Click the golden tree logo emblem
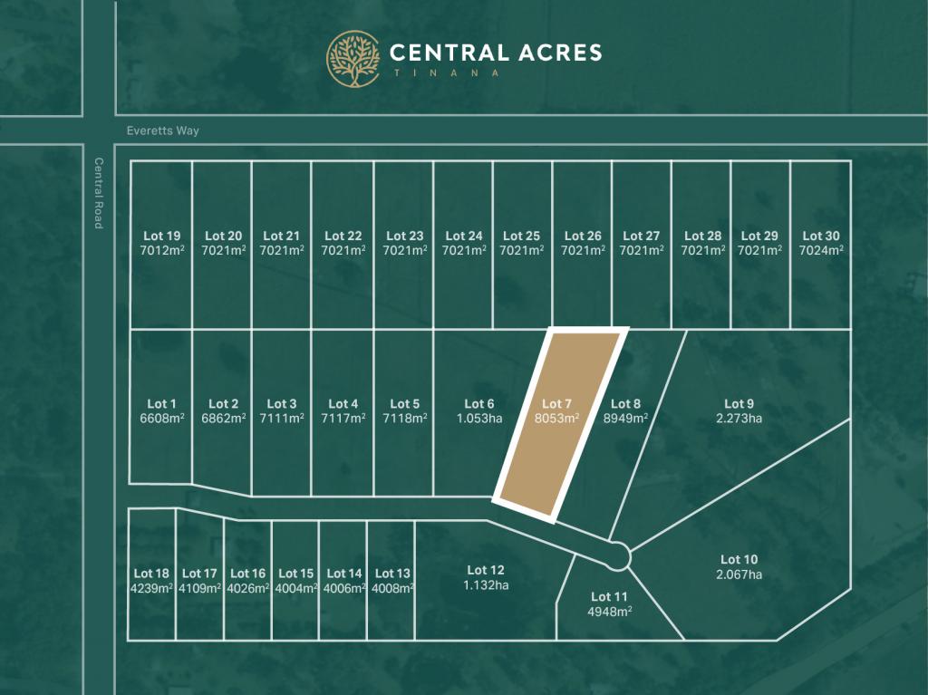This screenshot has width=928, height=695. (353, 59)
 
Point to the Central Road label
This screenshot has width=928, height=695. (99, 193)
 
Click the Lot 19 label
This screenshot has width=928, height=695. (161, 236)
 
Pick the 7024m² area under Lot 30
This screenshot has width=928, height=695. (822, 250)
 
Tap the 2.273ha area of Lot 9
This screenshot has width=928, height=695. (739, 418)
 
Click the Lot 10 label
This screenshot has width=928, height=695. (739, 560)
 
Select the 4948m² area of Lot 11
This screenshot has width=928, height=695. (609, 611)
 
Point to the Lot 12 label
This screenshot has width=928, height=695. (486, 570)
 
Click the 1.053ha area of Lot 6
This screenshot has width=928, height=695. (478, 418)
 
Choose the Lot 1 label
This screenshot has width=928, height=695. (161, 404)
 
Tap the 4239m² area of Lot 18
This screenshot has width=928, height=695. (151, 587)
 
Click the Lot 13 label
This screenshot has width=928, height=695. (392, 574)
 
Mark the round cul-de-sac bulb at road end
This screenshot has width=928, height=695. (619, 555)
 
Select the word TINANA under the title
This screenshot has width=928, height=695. (444, 73)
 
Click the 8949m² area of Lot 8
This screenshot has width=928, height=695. (626, 418)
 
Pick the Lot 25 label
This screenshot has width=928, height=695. (521, 236)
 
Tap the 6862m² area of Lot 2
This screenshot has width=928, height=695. (223, 418)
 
